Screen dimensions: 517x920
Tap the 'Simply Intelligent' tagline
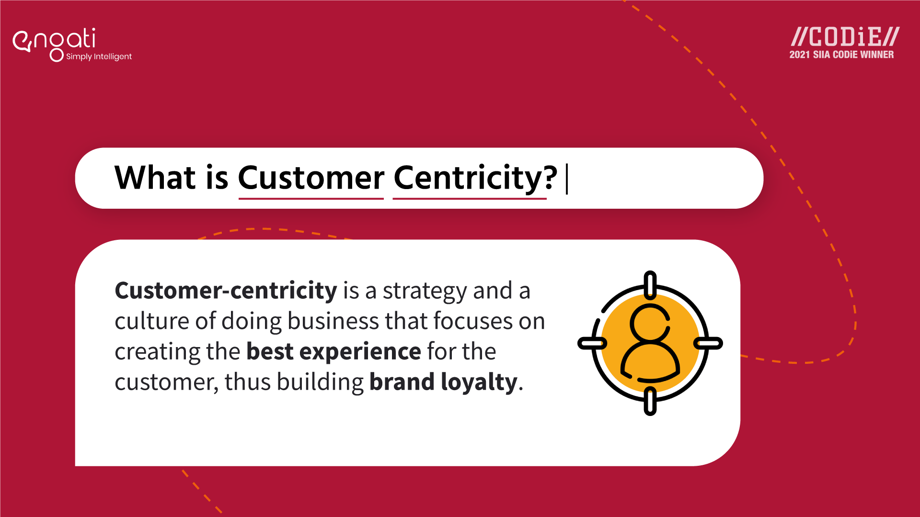(x=99, y=56)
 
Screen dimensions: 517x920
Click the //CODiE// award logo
(x=845, y=37)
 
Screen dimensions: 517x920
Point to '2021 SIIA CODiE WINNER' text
(x=841, y=55)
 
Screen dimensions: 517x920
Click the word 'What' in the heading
(x=155, y=178)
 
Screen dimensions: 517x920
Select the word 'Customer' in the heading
(x=311, y=178)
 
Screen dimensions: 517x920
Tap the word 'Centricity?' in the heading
(x=475, y=178)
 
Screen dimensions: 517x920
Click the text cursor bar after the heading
(x=567, y=179)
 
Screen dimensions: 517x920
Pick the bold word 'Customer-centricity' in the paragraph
(x=226, y=291)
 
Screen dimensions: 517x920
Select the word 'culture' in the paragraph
(x=152, y=321)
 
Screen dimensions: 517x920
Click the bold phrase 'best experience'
(x=333, y=351)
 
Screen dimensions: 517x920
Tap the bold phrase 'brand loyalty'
(x=443, y=382)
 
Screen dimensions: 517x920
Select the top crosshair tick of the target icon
(x=650, y=285)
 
